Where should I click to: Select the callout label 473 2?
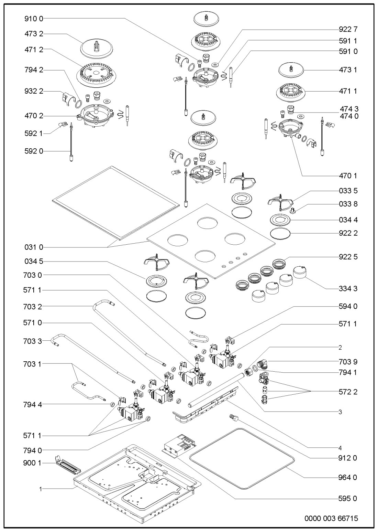(x=34, y=34)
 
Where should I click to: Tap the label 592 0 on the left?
(x=34, y=151)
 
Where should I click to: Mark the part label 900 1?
(x=34, y=464)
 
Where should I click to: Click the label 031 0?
(x=34, y=247)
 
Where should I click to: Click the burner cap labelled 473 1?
(x=291, y=70)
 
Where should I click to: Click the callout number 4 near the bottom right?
(x=340, y=448)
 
